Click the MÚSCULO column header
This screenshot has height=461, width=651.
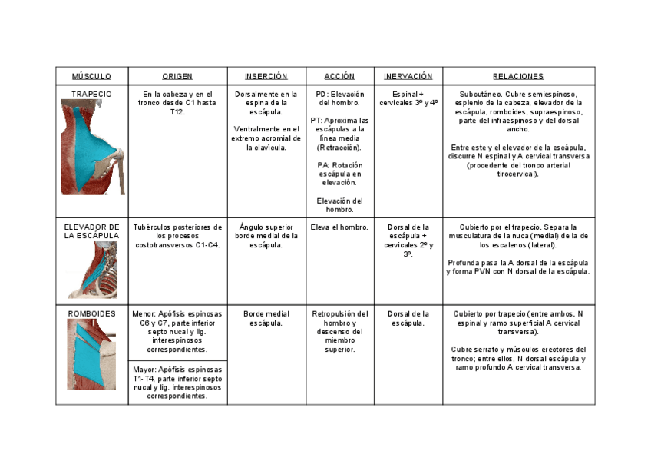coord(91,76)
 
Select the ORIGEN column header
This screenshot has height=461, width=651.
coord(177,76)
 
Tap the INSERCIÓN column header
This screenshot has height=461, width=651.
coord(266,76)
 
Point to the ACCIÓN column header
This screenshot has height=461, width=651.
coord(339,76)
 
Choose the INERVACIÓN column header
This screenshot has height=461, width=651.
coord(408,76)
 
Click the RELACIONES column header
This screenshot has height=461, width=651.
coord(518,76)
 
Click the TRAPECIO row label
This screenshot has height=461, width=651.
coord(91,94)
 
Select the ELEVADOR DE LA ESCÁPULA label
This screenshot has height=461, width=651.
coord(91,231)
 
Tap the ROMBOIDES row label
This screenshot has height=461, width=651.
coord(91,314)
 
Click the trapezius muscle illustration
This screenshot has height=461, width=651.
coord(92,146)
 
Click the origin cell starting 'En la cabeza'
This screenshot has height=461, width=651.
coord(177,102)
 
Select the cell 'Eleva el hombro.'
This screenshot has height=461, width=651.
coord(339,227)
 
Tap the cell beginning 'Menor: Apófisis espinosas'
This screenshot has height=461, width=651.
coord(177,332)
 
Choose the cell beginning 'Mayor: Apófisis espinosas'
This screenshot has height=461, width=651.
coord(177,383)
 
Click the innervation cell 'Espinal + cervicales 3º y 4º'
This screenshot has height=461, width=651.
coord(408,98)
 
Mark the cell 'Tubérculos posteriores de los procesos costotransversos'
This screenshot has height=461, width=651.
coord(177,236)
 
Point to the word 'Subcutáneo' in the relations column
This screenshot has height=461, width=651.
coord(481,94)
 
